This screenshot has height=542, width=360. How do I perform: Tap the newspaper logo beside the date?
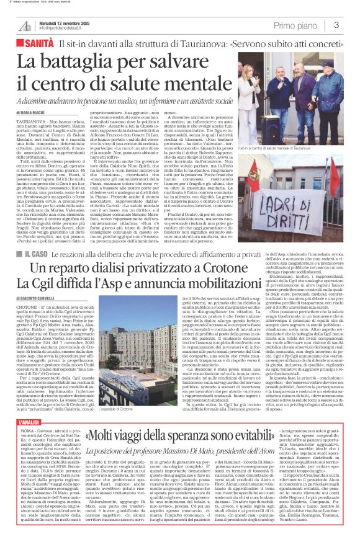click(x=25, y=25)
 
